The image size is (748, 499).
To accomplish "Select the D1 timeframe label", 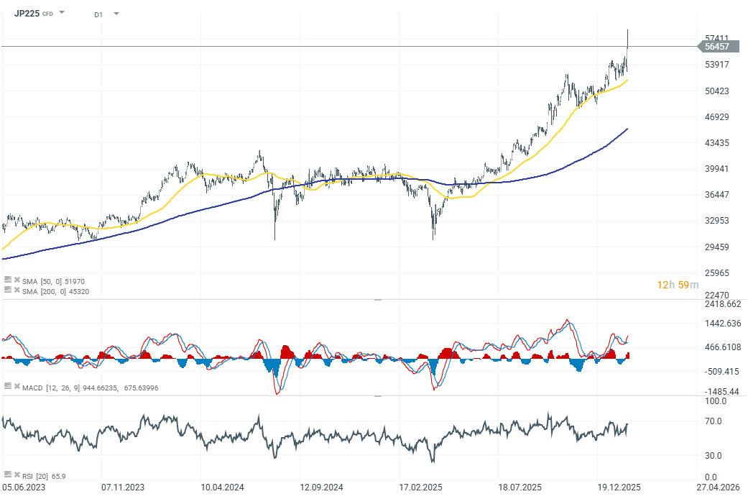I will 98,14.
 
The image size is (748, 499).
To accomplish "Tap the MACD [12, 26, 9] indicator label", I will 90,388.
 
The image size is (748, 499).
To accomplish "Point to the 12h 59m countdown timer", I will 677,285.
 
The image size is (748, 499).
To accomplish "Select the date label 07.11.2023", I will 121,487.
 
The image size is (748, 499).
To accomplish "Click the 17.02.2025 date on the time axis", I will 420,487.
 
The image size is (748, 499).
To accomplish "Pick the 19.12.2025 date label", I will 619,487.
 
